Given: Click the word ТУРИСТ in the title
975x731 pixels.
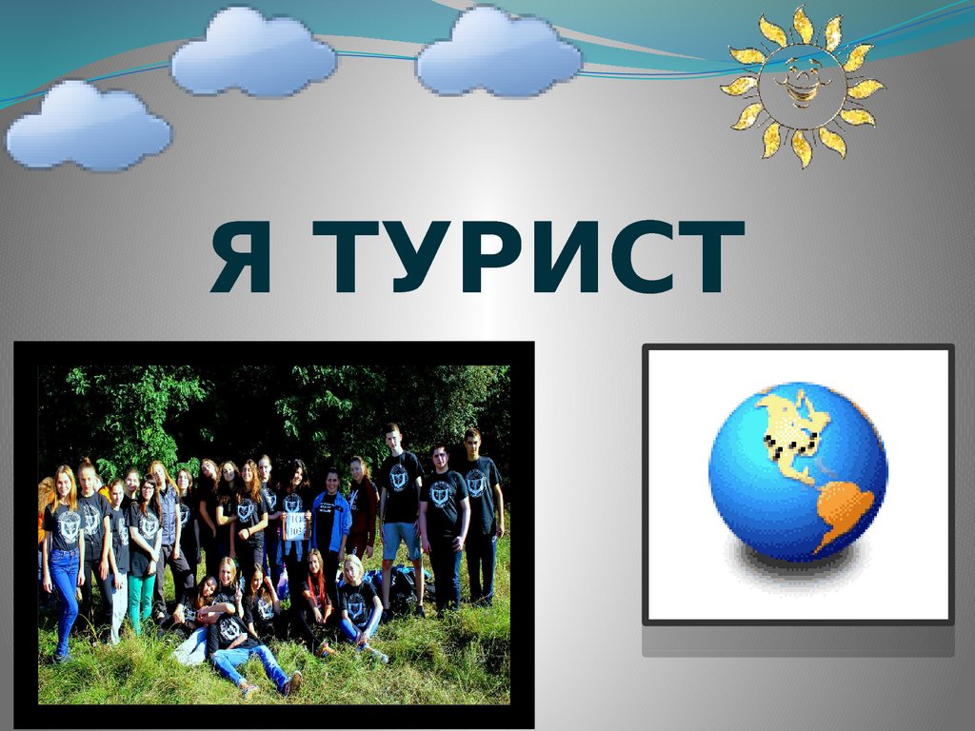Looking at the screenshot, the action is coord(527,256).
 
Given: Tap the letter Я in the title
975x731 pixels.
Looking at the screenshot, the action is coord(242,256).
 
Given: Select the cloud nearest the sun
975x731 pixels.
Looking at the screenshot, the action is coord(499,53).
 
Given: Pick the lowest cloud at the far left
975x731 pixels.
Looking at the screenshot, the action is coord(89,126).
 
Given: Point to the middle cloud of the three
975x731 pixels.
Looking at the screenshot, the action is coord(253,53).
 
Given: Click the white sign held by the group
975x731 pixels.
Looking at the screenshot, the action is coord(296,525).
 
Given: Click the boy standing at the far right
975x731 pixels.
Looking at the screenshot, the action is coord(481,516).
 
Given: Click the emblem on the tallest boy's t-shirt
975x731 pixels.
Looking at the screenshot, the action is coord(399,478).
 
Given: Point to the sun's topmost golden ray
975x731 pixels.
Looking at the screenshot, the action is coord(803,24).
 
